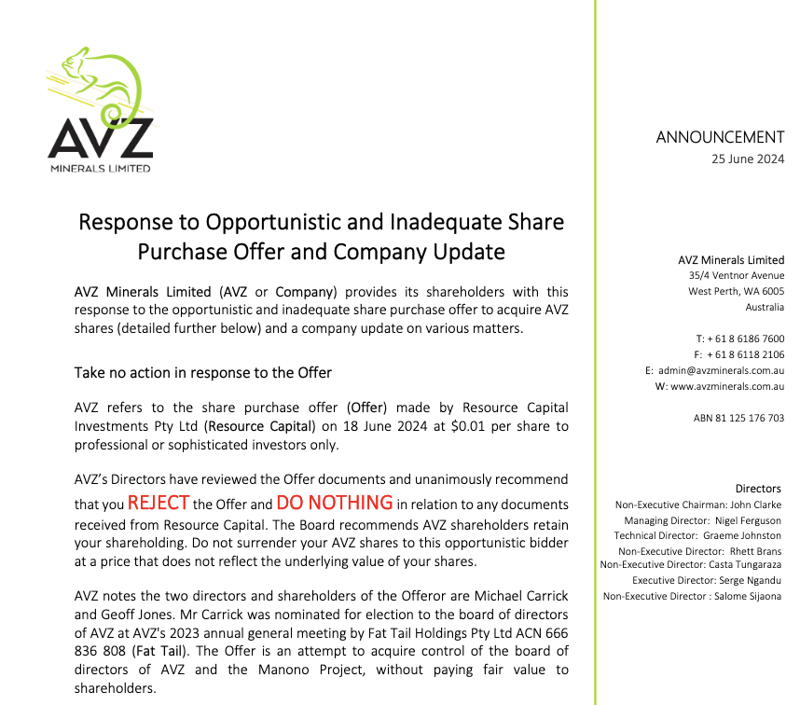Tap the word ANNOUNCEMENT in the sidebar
coord(720,137)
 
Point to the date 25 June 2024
coord(748,159)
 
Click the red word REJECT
coord(159,503)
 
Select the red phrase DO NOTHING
coord(335,503)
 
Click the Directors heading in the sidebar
coord(758,489)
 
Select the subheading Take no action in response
coord(202,373)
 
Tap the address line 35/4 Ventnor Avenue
coord(737,276)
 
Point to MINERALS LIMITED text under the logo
coord(101,169)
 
